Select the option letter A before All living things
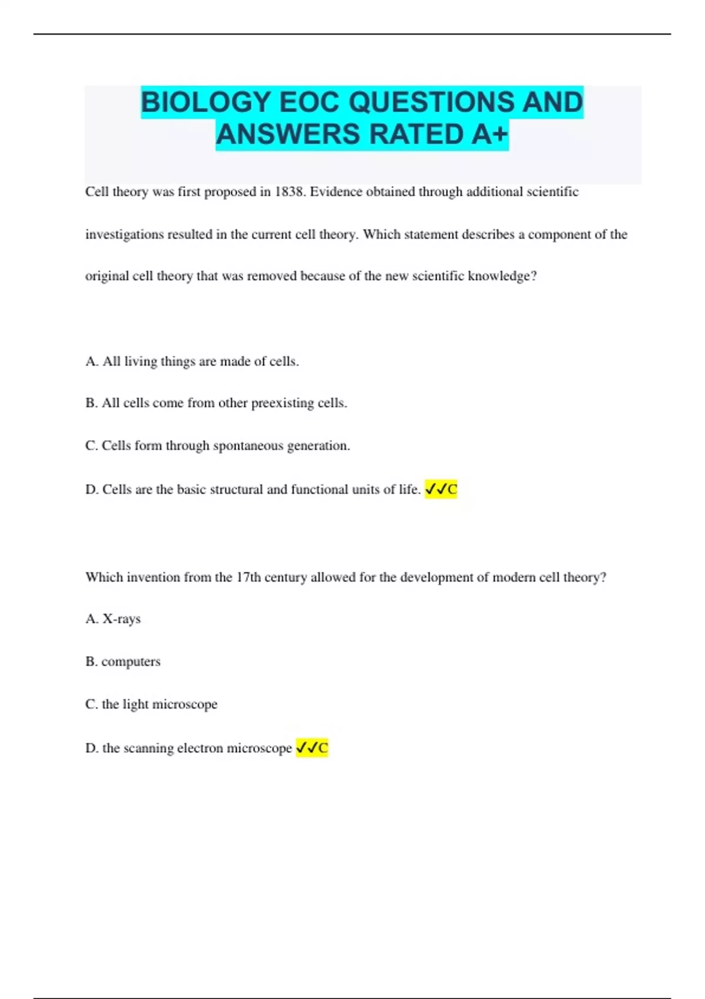91,361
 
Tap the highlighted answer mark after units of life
441,489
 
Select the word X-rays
122,619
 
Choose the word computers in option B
131,662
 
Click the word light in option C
136,704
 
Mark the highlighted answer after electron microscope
312,747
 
